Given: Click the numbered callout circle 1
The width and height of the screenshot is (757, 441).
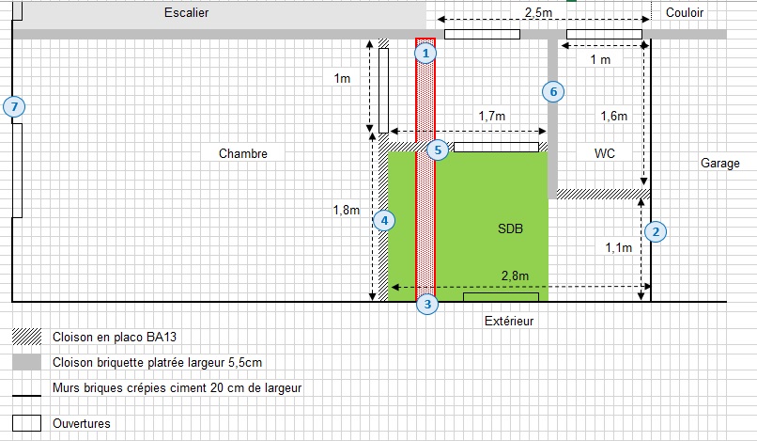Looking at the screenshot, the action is coord(426,54).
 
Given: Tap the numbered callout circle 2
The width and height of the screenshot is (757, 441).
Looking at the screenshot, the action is coord(656,230).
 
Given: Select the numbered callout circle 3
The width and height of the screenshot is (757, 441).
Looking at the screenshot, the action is coord(426,304).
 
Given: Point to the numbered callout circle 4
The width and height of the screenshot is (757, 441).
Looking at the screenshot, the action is coord(383,221).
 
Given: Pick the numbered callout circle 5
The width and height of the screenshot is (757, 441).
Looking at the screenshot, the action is coord(438,150).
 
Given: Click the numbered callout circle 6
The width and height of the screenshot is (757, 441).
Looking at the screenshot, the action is coord(553,91).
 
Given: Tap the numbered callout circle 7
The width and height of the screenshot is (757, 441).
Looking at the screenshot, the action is coord(13,107).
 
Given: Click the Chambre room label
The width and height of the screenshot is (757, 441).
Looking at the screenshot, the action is coord(243,153).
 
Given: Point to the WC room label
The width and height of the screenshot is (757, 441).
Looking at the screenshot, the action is coord(605,152).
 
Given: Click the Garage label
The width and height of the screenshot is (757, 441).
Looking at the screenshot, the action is coord(720,163).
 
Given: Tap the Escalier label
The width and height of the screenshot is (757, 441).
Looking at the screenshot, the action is coord(186,13).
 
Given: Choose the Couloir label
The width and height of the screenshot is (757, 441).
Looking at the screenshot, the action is coord(685,12).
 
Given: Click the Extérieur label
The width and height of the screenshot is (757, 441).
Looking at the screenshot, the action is coord(508,321).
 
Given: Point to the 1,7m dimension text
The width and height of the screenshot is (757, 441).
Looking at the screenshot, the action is coord(492,116).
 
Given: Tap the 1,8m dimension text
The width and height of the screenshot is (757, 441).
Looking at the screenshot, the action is coord(347,211).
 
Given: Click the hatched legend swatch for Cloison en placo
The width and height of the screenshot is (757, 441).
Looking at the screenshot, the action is coord(26,336).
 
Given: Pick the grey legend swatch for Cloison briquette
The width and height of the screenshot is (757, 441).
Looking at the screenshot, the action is coord(26,362).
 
